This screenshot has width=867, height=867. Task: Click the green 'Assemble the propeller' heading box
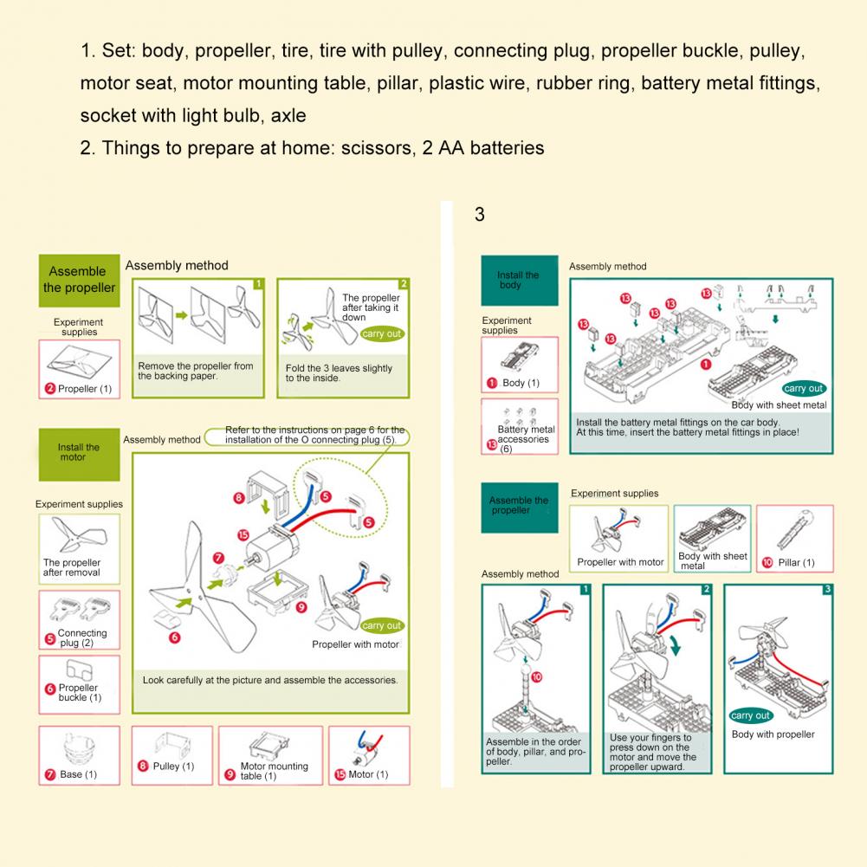coord(79,281)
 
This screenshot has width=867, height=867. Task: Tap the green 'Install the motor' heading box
coord(79,452)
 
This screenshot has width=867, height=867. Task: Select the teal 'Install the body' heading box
coord(519,281)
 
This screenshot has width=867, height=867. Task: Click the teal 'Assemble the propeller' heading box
coord(519,506)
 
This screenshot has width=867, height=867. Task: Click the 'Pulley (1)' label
coord(173,766)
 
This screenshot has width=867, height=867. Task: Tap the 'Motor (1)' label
coord(368,774)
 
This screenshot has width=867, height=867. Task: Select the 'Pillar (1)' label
coord(796,562)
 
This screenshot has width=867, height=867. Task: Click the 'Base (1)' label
coord(78,774)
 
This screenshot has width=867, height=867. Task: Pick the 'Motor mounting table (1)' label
coord(274,771)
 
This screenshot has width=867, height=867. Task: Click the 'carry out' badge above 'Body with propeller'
coord(750,715)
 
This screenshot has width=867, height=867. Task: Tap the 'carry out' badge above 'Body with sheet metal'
coord(803,389)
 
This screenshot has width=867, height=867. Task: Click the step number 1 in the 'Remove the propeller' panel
coord(257,284)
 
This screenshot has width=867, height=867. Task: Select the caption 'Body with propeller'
coord(773,734)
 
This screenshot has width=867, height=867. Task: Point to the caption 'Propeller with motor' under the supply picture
coord(620,562)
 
